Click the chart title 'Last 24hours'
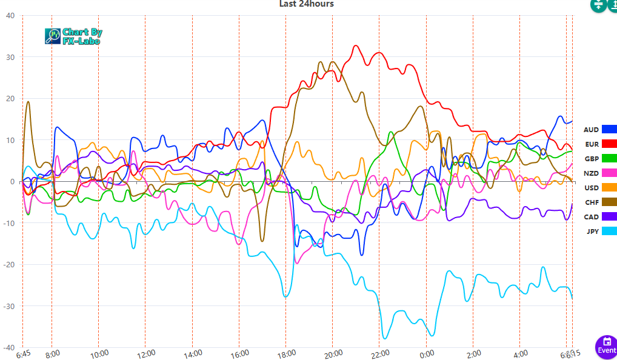tap(306, 4)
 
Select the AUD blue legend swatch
tap(609, 129)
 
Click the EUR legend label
tap(592, 144)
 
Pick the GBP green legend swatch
tap(609, 158)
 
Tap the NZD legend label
tap(592, 173)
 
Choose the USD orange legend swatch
tap(609, 187)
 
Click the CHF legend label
tap(592, 202)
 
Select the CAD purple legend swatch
tap(609, 216)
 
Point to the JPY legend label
tap(592, 231)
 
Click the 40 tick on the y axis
tap(10, 16)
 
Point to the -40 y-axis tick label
tap(8, 348)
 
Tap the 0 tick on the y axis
tap(12, 182)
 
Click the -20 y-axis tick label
tap(8, 265)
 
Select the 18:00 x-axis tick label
tap(287, 353)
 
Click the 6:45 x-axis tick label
tap(24, 354)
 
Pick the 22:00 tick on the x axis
tap(380, 353)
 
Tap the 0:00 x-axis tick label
tap(427, 353)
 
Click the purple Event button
tap(606, 347)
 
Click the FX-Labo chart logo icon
tap(53, 36)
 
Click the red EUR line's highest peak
tap(356, 45)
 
